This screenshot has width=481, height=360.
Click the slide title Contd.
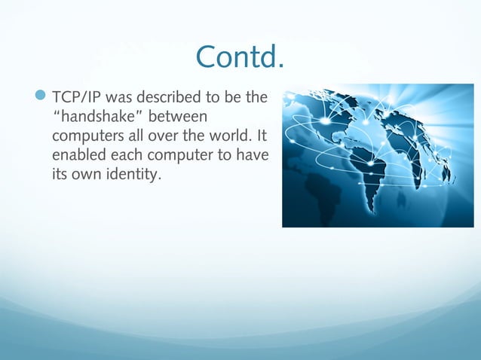click(240, 56)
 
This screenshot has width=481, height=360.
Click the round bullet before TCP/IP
click(41, 97)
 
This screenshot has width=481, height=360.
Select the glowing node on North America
click(326, 121)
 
